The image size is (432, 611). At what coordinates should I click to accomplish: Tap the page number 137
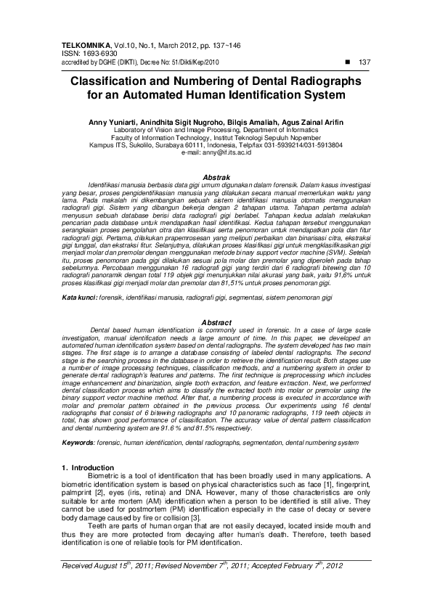point(365,62)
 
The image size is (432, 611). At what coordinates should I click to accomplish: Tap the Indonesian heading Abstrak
point(216,177)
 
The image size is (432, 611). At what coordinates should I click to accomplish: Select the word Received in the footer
point(82,564)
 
